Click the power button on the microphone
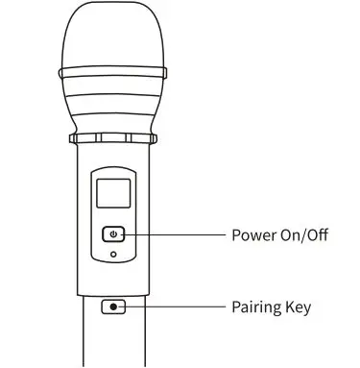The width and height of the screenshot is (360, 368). tap(114, 234)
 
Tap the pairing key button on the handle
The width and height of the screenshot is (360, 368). tap(114, 307)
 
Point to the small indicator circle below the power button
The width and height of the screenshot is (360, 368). tap(114, 255)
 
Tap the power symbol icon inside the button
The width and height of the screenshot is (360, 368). tap(114, 234)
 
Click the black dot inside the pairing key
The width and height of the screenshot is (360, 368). tap(114, 307)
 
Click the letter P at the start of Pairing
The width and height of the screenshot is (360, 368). tap(236, 308)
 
